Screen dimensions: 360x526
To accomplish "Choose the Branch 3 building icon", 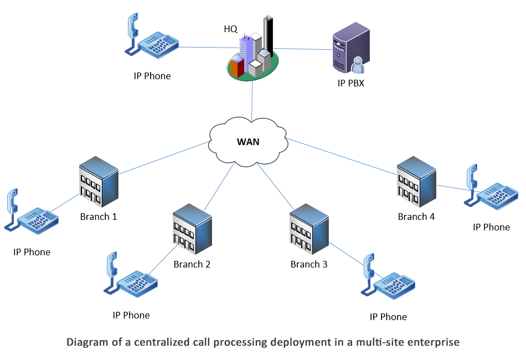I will click(x=309, y=229).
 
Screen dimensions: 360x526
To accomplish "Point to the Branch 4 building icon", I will click(x=416, y=181).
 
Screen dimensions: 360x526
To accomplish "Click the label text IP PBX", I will click(x=350, y=84).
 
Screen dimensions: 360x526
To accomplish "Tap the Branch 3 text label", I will click(x=309, y=264).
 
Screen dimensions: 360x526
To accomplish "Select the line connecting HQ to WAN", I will click(x=252, y=100).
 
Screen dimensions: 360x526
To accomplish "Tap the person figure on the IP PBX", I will click(x=357, y=65).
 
